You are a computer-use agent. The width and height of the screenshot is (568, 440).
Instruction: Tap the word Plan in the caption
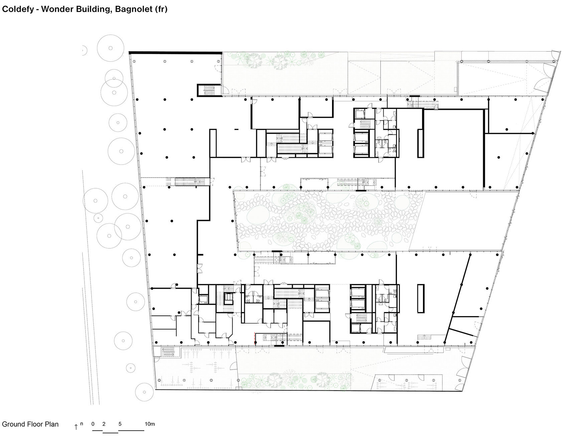click(x=52, y=424)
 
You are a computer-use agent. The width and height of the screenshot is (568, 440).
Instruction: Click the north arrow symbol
click(x=76, y=427)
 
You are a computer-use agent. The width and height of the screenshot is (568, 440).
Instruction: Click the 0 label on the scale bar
click(x=93, y=424)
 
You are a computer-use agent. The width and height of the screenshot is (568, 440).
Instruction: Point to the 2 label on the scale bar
click(x=104, y=424)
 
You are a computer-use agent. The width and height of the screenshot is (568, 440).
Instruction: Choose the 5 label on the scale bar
click(x=120, y=424)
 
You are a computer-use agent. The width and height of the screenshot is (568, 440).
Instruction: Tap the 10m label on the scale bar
click(x=150, y=424)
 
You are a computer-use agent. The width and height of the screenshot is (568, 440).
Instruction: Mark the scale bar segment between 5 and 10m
click(x=131, y=431)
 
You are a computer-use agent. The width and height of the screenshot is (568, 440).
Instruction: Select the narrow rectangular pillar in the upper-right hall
click(x=420, y=143)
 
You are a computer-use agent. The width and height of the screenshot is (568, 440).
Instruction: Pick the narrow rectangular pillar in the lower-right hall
click(x=421, y=298)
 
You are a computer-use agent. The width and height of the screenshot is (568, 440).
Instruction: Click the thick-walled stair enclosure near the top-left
click(x=208, y=90)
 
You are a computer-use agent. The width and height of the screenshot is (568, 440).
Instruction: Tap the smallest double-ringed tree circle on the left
click(x=98, y=218)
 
